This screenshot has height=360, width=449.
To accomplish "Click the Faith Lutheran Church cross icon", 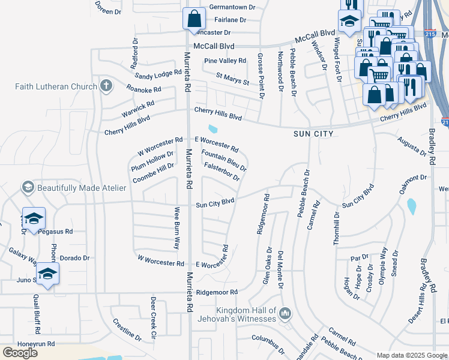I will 106,86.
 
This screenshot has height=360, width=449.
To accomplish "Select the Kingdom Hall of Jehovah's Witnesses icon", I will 285,313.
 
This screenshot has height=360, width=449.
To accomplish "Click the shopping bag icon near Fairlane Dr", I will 194,19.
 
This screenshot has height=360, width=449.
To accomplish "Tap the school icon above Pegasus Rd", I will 34,217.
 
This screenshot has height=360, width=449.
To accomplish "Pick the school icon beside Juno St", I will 47,274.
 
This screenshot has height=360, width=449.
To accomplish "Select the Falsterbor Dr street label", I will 222,172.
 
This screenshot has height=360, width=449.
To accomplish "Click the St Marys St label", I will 232,79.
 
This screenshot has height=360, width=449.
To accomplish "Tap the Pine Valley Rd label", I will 225,61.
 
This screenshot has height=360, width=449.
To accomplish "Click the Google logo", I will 20,353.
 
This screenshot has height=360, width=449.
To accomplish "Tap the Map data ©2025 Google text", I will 412,355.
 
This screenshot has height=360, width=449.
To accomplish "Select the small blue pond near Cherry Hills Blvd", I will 212,128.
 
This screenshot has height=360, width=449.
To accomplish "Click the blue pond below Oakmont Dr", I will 412,206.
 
